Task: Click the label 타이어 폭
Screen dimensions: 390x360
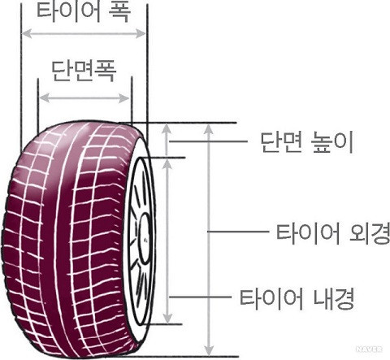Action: tap(84, 11)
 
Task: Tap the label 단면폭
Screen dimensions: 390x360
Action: tap(84, 71)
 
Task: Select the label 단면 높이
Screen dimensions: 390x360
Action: tap(307, 142)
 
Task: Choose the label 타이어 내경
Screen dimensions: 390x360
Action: tap(297, 299)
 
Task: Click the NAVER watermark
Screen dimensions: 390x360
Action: tap(369, 349)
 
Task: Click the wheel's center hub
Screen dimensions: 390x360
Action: tap(145, 238)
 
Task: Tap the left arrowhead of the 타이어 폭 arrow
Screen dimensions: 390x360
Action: tap(27, 34)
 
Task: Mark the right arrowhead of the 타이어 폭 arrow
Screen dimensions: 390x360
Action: tap(141, 33)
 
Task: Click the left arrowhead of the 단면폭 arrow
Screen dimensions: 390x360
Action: tap(45, 98)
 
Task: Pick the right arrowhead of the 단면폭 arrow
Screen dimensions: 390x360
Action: tap(124, 98)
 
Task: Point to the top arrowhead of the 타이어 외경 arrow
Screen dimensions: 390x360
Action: tap(208, 128)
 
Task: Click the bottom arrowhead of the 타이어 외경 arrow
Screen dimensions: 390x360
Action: tap(209, 350)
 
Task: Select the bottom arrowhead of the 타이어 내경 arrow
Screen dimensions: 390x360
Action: tap(168, 318)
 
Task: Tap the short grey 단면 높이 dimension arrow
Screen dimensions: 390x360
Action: tap(167, 140)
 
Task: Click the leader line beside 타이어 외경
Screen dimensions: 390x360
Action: tap(238, 232)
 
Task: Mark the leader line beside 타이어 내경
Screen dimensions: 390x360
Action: tap(200, 297)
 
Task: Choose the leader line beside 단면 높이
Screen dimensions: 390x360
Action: tap(208, 141)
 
